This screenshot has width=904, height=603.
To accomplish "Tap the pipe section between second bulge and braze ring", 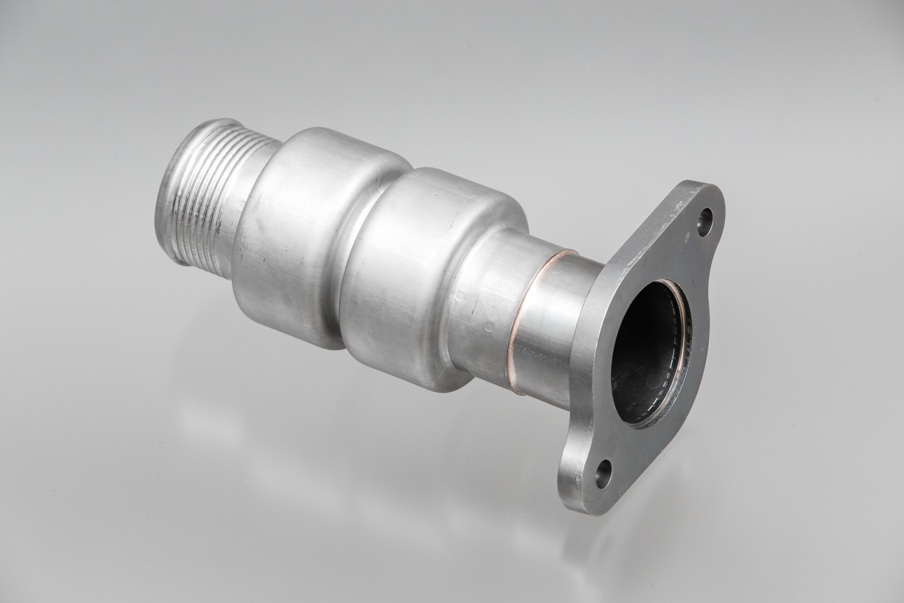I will coord(492,300).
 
